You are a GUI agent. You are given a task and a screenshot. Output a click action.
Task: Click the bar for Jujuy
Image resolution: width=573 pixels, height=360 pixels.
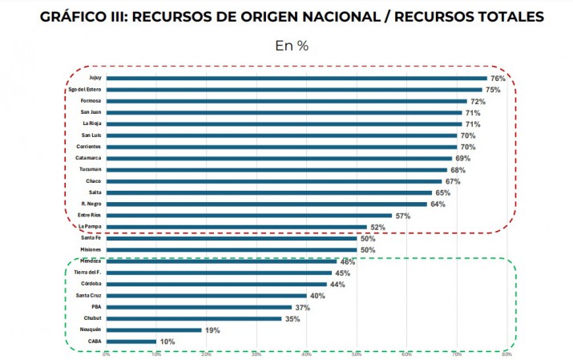(297, 79)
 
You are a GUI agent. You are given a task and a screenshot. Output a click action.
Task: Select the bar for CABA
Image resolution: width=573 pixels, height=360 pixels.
(131, 341)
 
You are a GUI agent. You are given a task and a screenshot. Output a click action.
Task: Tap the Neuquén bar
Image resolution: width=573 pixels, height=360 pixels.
(154, 330)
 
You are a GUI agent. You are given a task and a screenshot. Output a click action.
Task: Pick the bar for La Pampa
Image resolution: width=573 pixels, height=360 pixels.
(236, 227)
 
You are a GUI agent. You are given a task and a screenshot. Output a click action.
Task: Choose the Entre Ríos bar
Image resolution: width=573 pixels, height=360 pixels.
(249, 216)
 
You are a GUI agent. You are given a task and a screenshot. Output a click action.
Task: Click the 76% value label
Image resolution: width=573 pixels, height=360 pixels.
(498, 79)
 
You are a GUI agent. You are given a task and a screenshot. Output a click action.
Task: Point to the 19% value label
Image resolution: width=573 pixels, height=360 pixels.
(212, 330)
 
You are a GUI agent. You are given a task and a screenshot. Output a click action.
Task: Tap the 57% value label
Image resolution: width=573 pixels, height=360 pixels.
(402, 216)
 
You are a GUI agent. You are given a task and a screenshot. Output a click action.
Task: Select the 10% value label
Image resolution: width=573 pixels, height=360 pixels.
(167, 341)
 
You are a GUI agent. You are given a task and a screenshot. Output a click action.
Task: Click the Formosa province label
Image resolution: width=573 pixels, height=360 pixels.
(91, 101)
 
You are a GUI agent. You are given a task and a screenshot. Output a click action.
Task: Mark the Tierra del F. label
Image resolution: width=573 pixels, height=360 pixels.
(86, 273)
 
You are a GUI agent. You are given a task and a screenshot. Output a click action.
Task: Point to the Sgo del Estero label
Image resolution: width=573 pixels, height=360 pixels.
(83, 90)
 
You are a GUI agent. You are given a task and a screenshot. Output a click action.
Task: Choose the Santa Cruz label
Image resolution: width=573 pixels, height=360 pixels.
(88, 295)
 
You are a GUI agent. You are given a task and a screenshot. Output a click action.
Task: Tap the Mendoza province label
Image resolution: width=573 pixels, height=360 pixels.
(90, 261)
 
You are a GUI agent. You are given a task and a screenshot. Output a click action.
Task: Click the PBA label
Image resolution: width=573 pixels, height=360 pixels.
(95, 306)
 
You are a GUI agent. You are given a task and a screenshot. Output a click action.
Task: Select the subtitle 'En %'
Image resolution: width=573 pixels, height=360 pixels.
(292, 46)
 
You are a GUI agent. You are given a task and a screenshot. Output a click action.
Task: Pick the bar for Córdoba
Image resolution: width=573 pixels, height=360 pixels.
(216, 284)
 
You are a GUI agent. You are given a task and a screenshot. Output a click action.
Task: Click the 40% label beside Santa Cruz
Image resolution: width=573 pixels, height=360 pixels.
(317, 295)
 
